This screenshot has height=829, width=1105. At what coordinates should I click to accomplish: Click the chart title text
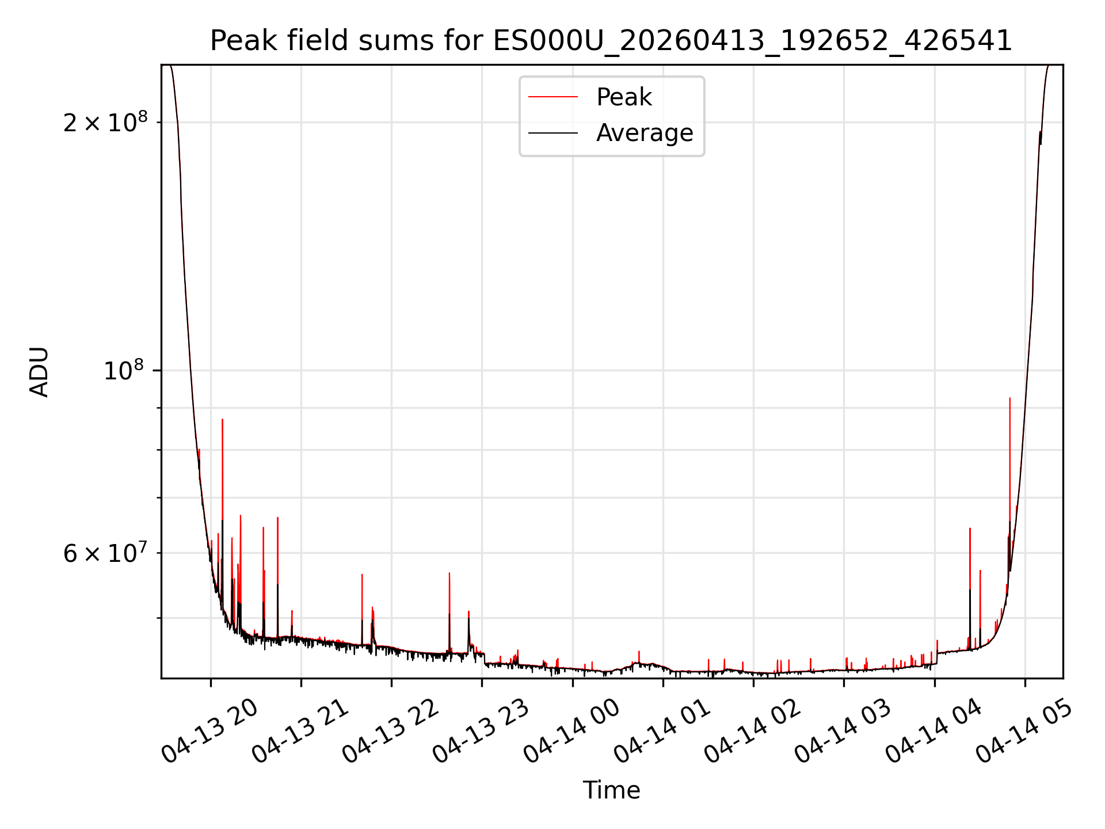pyautogui.click(x=611, y=41)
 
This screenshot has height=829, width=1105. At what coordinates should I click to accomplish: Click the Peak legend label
pyautogui.click(x=624, y=97)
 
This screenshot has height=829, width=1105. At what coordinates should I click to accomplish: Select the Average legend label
pyautogui.click(x=645, y=133)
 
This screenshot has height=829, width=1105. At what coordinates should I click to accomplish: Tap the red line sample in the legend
pyautogui.click(x=553, y=97)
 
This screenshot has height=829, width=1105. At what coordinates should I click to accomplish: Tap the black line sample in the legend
pyautogui.click(x=553, y=133)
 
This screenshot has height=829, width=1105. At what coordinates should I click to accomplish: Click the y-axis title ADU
pyautogui.click(x=39, y=372)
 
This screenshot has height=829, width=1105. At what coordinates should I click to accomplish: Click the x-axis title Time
pyautogui.click(x=611, y=790)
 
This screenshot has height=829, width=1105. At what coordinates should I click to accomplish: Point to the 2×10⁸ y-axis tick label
pyautogui.click(x=105, y=121)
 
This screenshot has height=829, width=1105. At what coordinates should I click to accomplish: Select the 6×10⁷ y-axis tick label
pyautogui.click(x=105, y=553)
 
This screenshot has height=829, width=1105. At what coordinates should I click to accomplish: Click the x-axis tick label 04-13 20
pyautogui.click(x=209, y=731)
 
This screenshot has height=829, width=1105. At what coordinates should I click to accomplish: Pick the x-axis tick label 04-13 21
pyautogui.click(x=300, y=731)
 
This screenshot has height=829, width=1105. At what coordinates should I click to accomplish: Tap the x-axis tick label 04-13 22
pyautogui.click(x=391, y=731)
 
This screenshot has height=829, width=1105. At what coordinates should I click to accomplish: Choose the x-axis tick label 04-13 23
pyautogui.click(x=481, y=731)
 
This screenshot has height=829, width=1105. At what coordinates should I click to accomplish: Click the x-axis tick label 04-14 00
pyautogui.click(x=571, y=731)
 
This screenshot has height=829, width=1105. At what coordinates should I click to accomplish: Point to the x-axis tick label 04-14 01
pyautogui.click(x=662, y=731)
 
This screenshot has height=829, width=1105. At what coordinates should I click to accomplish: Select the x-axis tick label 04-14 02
pyautogui.click(x=753, y=731)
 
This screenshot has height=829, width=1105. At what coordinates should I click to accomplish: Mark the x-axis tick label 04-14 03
pyautogui.click(x=843, y=731)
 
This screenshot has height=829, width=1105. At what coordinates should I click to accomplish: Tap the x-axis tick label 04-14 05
pyautogui.click(x=1024, y=731)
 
